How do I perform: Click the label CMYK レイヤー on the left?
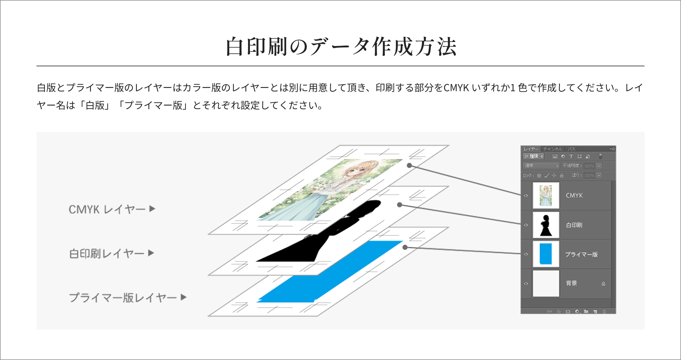click(x=107, y=209)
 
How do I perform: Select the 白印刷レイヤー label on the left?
click(x=106, y=253)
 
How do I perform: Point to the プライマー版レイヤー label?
click(x=123, y=298)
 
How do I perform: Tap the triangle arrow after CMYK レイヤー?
click(x=152, y=209)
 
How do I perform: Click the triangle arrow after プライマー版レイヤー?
click(x=183, y=297)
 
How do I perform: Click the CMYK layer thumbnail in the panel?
click(x=546, y=196)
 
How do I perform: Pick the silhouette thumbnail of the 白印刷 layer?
click(x=546, y=225)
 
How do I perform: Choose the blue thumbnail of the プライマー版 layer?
click(x=546, y=254)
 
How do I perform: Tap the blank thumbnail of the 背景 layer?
click(x=546, y=283)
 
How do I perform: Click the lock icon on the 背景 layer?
click(x=603, y=284)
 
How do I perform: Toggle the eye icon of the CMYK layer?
click(x=526, y=196)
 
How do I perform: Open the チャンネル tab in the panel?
click(x=553, y=149)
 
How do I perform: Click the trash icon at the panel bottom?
click(x=604, y=311)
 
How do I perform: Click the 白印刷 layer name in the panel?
click(x=574, y=225)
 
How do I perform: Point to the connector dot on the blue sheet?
click(x=405, y=247)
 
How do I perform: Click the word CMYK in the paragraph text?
click(x=456, y=88)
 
